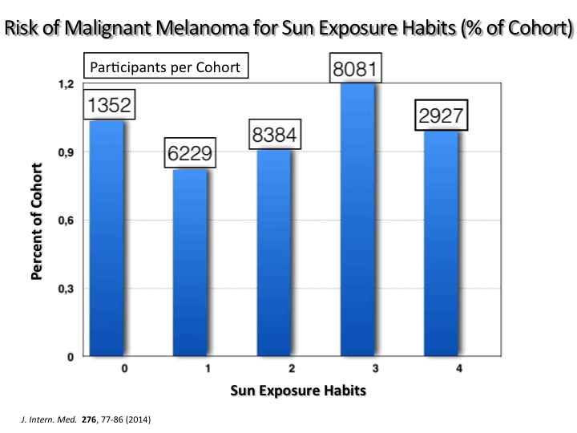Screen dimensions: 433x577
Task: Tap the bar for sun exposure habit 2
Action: tap(274, 253)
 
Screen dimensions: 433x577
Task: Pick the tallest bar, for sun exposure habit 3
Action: tap(357, 220)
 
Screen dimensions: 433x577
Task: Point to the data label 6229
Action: tap(190, 153)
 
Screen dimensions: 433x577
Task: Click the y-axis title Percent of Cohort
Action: tap(38, 221)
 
